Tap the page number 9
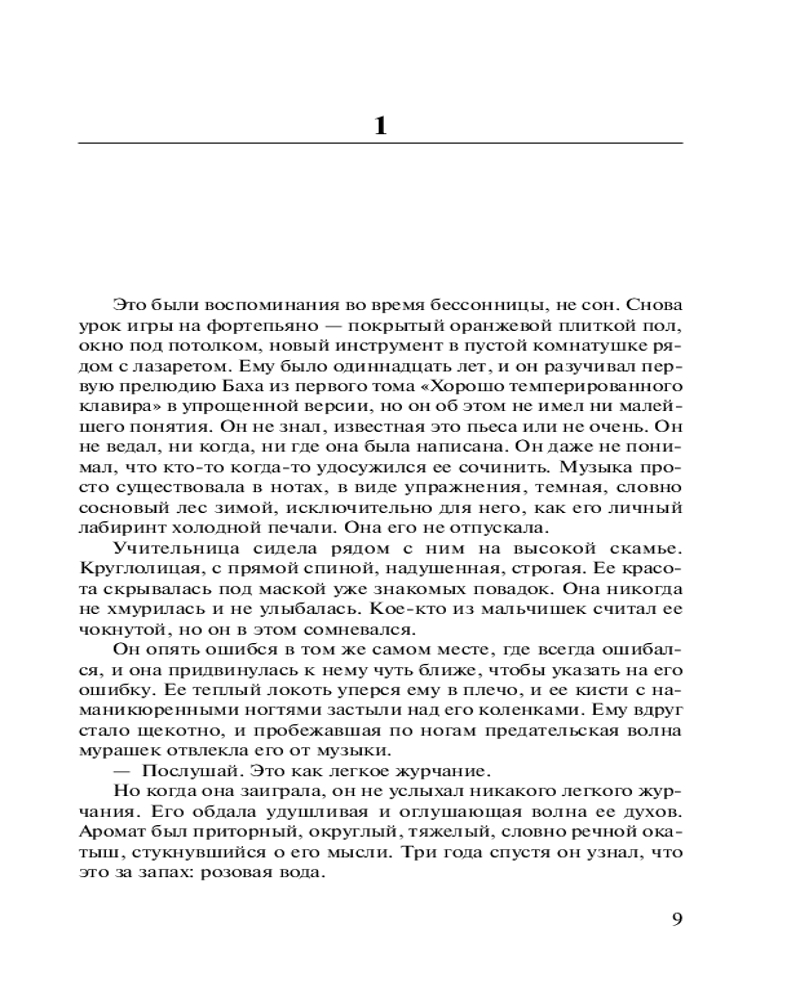(676, 918)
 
